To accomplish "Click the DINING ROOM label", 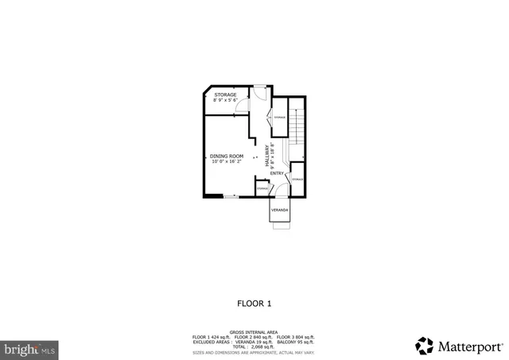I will [227, 156].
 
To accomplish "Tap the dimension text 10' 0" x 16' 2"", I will [227, 161].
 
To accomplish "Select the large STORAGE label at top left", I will [225, 95].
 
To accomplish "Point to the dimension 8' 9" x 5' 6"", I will [225, 100].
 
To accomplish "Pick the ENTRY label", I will [277, 172].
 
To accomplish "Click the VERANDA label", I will [280, 210].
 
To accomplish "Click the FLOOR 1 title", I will [254, 303].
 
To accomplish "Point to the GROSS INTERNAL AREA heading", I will [254, 331].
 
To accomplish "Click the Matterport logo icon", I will [425, 346].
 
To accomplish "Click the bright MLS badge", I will [30, 348].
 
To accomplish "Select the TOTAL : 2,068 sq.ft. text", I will [254, 346].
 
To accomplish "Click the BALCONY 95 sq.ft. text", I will [299, 342].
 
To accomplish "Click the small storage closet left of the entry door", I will [262, 188].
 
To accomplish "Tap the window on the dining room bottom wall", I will [228, 195].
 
